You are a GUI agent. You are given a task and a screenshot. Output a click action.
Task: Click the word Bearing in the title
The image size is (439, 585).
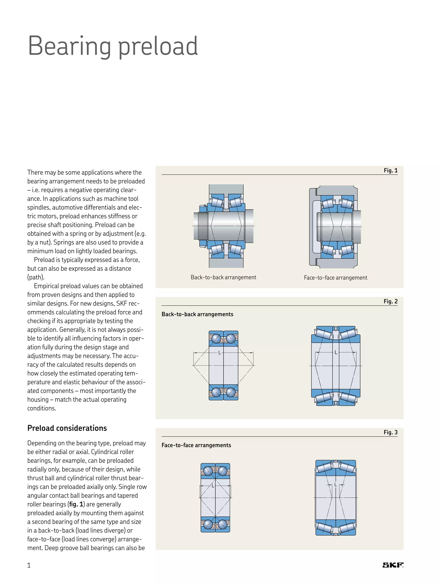point(69,46)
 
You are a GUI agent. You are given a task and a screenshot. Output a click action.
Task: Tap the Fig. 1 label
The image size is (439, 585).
point(391,170)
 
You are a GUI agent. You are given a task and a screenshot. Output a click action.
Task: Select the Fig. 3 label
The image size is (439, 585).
point(391,432)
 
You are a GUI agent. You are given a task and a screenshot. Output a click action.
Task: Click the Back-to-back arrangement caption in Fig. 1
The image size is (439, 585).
point(223,277)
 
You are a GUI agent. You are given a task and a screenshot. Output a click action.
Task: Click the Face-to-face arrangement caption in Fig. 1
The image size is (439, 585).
point(335,277)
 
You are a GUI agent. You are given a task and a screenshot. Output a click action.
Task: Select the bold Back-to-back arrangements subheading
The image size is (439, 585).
point(197,314)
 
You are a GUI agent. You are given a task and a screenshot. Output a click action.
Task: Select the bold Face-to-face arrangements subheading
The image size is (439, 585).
point(196,445)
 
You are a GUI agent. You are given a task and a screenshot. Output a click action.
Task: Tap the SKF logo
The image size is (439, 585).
point(393,565)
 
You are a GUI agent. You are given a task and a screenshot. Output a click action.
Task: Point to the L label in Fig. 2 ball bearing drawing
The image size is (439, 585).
point(219,353)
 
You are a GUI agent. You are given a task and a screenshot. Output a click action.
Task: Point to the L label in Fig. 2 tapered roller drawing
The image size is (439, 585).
point(336,352)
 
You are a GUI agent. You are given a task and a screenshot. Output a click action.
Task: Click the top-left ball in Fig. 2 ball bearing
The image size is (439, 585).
point(216,338)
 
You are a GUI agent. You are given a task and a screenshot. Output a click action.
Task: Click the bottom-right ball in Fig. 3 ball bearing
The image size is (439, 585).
point(223,524)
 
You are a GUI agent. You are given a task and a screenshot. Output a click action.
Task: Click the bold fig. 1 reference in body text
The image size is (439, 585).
point(76,504)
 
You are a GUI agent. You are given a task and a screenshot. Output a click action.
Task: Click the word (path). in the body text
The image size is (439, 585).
point(36,277)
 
